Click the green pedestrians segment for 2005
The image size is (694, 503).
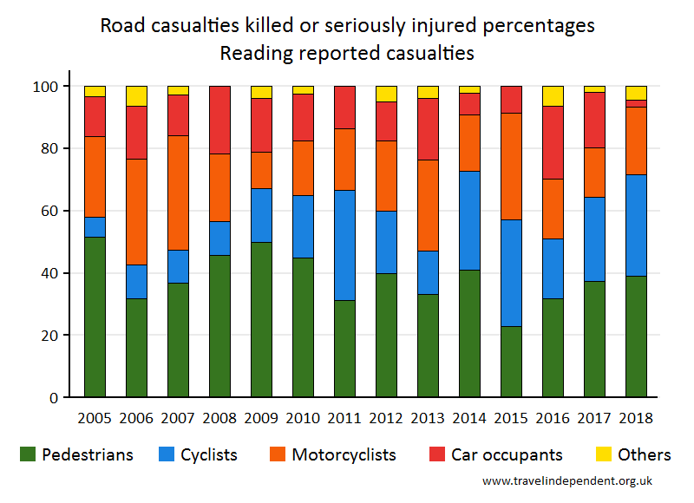95,317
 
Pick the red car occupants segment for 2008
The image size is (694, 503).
220,120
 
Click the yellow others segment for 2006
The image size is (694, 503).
136,96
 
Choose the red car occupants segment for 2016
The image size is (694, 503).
553,142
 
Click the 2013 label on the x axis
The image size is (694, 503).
428,417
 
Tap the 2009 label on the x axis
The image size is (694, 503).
261,417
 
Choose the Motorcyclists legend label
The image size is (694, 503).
344,454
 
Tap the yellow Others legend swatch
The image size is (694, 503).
603,454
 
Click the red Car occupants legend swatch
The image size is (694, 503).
437,454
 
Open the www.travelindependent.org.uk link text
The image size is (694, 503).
566,480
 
